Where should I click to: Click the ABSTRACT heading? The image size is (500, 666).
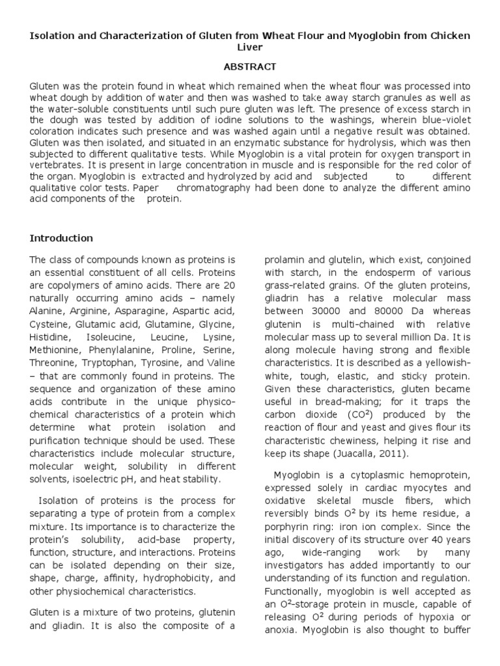tap(250, 66)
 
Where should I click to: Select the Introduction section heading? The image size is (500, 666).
tap(61, 238)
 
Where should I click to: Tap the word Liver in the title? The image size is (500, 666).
tap(250, 48)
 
